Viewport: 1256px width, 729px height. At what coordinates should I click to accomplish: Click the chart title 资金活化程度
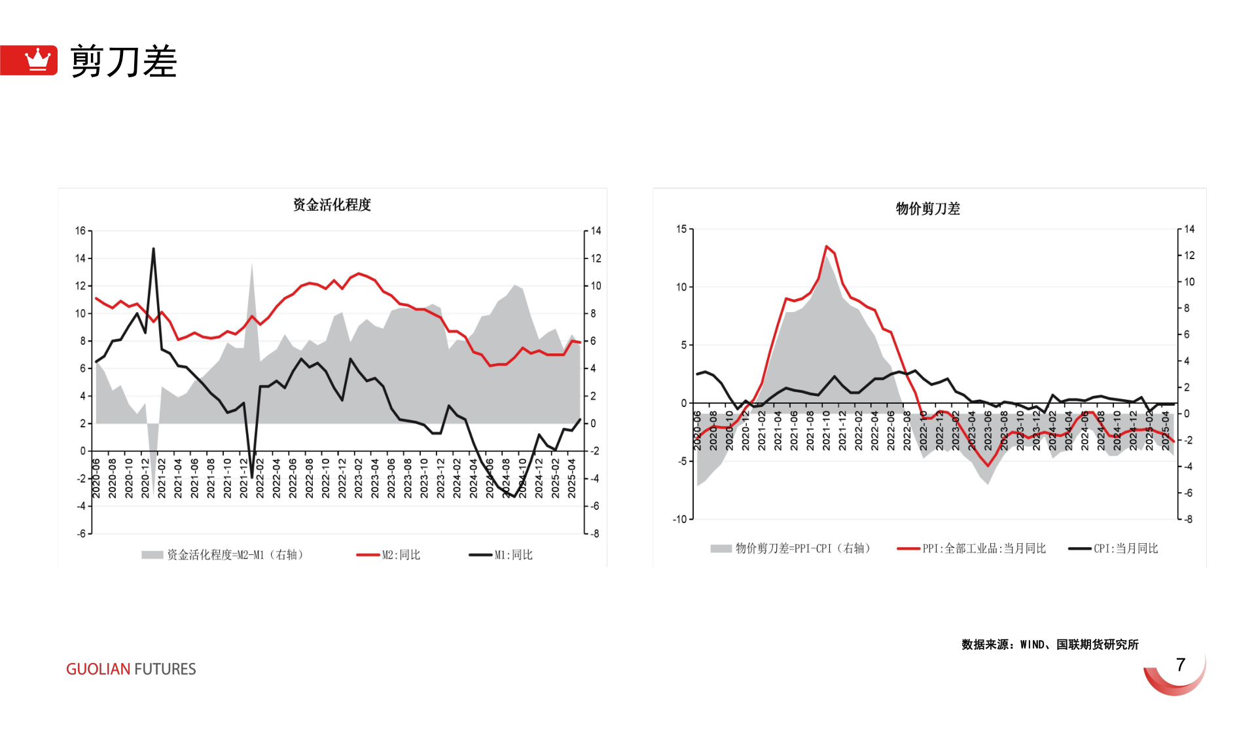(x=332, y=205)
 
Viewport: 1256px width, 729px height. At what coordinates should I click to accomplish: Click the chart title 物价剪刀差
(x=927, y=209)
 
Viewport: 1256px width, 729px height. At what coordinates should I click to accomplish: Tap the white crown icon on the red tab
(x=37, y=60)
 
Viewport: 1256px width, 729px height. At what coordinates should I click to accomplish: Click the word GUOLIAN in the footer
(x=98, y=669)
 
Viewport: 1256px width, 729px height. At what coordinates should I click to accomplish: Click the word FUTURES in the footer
(x=165, y=669)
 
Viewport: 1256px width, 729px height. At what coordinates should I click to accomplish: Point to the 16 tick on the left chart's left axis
(x=81, y=230)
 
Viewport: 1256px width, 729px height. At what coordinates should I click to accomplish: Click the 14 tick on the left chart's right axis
(x=596, y=230)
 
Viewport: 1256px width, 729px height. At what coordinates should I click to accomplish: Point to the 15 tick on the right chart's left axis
(x=681, y=229)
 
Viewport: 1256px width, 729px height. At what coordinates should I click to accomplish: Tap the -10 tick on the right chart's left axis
(x=679, y=519)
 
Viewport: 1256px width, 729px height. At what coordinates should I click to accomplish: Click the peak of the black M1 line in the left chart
(x=154, y=249)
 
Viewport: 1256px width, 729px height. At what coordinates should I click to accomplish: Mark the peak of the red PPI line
(x=827, y=247)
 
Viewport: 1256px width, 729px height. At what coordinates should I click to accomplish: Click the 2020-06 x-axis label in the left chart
(x=96, y=478)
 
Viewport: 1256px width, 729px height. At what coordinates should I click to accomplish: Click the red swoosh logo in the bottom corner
(x=1176, y=677)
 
